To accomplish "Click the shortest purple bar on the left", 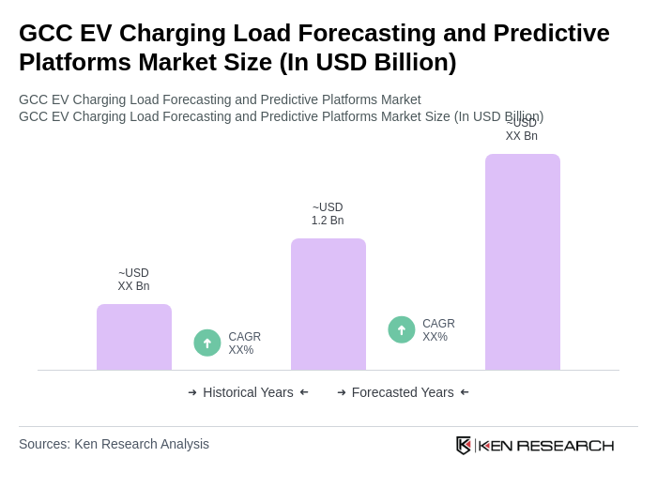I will click(134, 337).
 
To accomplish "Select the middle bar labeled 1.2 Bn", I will click(328, 304).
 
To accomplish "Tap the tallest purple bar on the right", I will click(523, 262).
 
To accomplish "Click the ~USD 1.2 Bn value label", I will click(328, 214).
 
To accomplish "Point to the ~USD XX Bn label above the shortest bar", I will click(133, 280).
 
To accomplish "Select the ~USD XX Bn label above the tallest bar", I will click(522, 130).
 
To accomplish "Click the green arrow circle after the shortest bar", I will click(207, 343).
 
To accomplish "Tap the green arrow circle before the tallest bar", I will click(402, 329).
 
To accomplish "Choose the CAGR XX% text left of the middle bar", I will click(244, 343).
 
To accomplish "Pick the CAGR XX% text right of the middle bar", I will click(438, 330).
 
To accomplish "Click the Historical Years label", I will click(248, 392).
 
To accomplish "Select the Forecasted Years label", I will click(403, 392).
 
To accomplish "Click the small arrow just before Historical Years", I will click(192, 392).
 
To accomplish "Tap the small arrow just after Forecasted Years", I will click(465, 392).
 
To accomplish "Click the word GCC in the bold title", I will click(46, 33).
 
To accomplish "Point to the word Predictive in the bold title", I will click(552, 33).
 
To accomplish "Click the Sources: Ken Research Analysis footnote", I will click(114, 444).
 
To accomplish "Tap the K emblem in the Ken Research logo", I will click(464, 445).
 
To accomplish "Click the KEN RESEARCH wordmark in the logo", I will click(546, 445).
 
